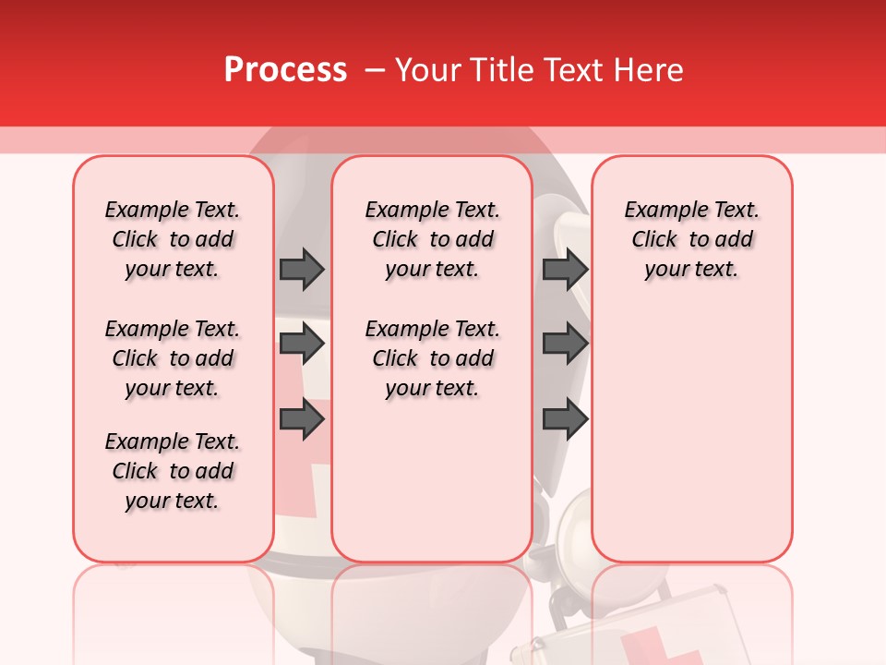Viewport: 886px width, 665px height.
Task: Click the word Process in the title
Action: [285, 70]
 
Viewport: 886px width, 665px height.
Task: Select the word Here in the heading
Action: [650, 70]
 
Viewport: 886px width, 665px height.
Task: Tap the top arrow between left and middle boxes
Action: [302, 269]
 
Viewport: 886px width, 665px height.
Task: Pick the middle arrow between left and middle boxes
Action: [302, 345]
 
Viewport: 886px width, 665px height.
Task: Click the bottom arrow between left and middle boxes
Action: [302, 419]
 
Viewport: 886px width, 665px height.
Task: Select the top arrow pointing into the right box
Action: [565, 269]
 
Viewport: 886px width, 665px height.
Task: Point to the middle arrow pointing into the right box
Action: [565, 345]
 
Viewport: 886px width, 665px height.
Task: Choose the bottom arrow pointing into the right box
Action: [565, 419]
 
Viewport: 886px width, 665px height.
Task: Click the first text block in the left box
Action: [173, 239]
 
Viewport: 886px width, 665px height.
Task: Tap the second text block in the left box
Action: [173, 358]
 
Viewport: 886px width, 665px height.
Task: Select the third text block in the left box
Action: [173, 471]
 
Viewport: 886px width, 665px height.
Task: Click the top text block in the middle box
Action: [433, 239]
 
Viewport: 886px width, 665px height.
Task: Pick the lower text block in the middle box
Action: [433, 358]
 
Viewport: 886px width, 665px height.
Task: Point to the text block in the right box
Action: [692, 239]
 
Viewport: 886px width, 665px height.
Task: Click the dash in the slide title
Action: [375, 70]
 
